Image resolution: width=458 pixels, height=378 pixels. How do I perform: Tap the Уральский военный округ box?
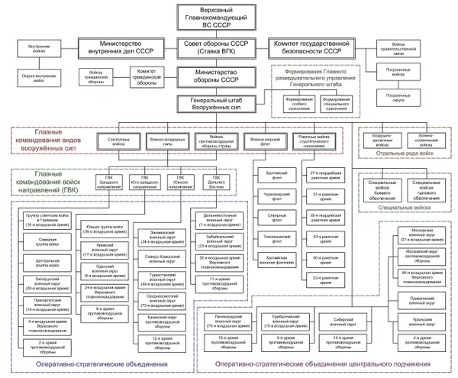[x=412, y=321]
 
